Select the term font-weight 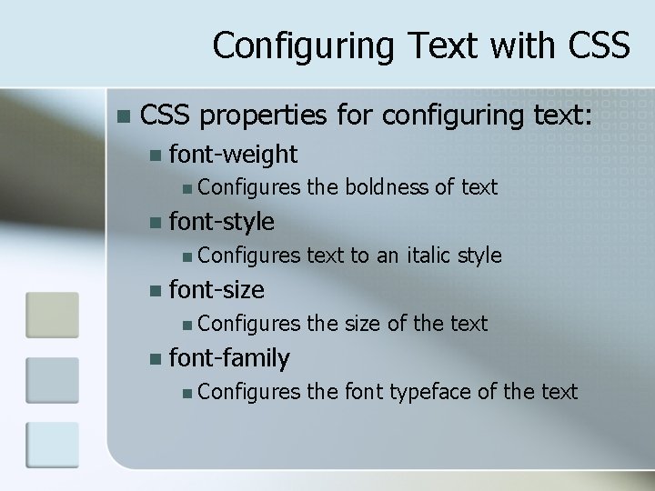[x=233, y=154]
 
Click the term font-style [x=221, y=222]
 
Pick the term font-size [x=217, y=290]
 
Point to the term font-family [x=229, y=358]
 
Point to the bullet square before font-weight [x=156, y=155]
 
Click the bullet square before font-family [x=156, y=359]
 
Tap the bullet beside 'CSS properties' [x=124, y=116]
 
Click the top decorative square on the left [x=52, y=314]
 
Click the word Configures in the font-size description [x=247, y=324]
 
